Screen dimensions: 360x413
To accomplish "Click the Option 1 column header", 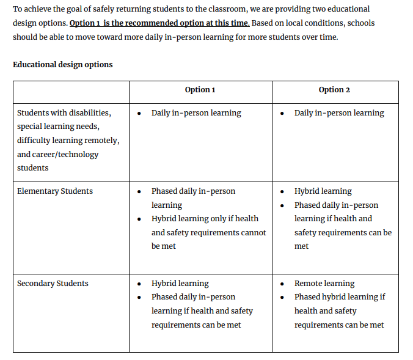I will click(200, 90).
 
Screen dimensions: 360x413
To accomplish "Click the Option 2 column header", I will click(334, 90).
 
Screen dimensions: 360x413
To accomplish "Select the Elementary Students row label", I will click(55, 191).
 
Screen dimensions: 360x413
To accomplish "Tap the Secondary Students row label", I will click(53, 284).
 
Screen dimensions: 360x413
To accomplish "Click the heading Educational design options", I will click(62, 64).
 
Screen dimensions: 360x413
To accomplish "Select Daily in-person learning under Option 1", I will click(196, 113).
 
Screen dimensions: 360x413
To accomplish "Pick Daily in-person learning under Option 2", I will click(339, 113).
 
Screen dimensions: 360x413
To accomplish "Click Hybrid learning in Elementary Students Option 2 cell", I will click(323, 191).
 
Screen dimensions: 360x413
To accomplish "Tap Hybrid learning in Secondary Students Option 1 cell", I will click(180, 284).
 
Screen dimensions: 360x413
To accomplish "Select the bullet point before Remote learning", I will click(282, 284).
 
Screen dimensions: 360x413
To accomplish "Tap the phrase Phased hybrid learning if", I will click(340, 297).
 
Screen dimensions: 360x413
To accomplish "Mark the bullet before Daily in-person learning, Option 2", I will click(282, 113).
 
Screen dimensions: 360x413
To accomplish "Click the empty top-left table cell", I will click(71, 92).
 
